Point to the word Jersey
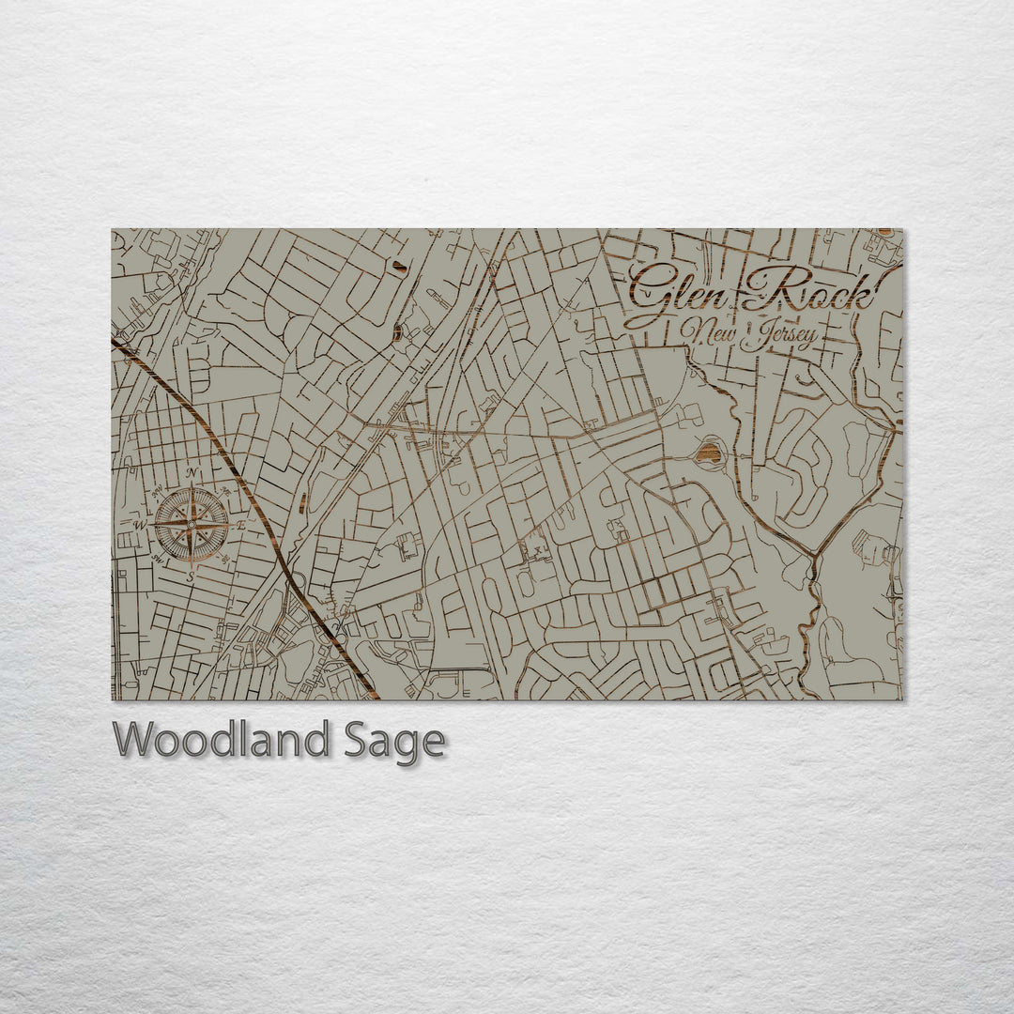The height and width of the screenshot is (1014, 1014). (777, 336)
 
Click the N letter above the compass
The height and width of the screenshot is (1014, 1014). (192, 472)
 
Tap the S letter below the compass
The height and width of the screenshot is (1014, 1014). (191, 576)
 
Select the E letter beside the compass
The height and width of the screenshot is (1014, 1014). (241, 526)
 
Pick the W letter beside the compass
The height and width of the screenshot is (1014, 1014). (141, 524)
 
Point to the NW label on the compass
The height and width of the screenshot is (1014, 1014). (157, 489)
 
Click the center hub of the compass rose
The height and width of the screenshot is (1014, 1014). (192, 524)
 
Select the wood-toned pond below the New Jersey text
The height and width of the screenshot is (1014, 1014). (709, 454)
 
